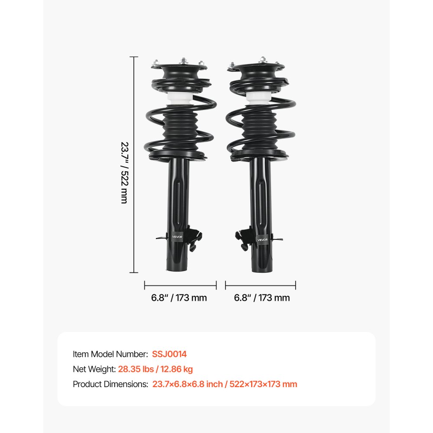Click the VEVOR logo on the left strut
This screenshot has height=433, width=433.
pos(178,236)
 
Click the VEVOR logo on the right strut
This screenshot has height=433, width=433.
pos(262,239)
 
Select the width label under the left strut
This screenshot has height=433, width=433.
pos(179,298)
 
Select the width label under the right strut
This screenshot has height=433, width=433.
pos(262,298)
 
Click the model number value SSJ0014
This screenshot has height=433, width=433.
pos(169,354)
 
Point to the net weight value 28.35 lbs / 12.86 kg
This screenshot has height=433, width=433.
pos(155,369)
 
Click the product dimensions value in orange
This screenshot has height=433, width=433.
pos(224,384)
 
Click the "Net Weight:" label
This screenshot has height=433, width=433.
pos(94,369)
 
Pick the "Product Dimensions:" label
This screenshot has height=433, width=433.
pos(110,384)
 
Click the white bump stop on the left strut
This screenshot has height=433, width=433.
pos(178,99)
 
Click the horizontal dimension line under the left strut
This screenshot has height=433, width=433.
pos(180,285)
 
